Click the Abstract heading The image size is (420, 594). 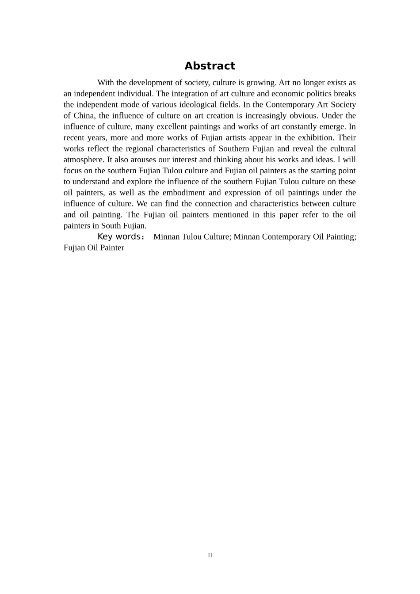coord(210,66)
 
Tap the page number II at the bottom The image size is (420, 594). coord(210,555)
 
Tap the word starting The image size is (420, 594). coord(312,171)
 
